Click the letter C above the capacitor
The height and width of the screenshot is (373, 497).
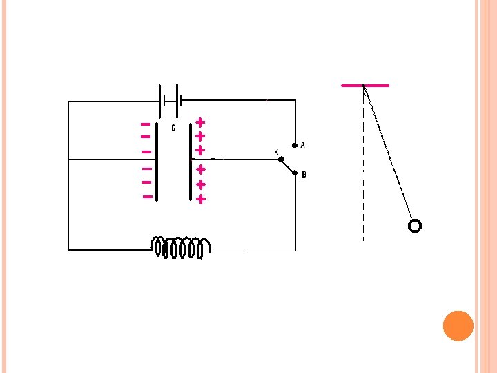(x=173, y=128)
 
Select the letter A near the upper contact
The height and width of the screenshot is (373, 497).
(x=303, y=145)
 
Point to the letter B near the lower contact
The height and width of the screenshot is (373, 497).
(x=304, y=174)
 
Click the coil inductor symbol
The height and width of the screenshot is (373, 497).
(x=182, y=247)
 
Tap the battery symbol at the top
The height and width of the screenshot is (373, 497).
(x=170, y=102)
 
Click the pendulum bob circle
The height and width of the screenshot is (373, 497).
(x=414, y=225)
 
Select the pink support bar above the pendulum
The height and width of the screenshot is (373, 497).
(x=365, y=86)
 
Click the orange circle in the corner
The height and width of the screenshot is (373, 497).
(x=458, y=325)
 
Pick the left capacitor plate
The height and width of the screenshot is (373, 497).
(x=157, y=163)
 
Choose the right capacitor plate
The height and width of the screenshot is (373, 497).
(x=190, y=163)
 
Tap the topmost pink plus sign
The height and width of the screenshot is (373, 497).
(x=200, y=122)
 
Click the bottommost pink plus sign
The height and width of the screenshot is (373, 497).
(x=200, y=199)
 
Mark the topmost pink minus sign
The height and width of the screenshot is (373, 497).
(x=146, y=124)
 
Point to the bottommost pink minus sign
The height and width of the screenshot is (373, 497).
(x=147, y=197)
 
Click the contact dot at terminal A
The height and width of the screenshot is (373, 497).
(x=295, y=146)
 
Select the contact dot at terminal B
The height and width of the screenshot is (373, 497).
(x=295, y=174)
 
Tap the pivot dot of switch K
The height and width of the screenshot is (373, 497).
(x=280, y=160)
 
